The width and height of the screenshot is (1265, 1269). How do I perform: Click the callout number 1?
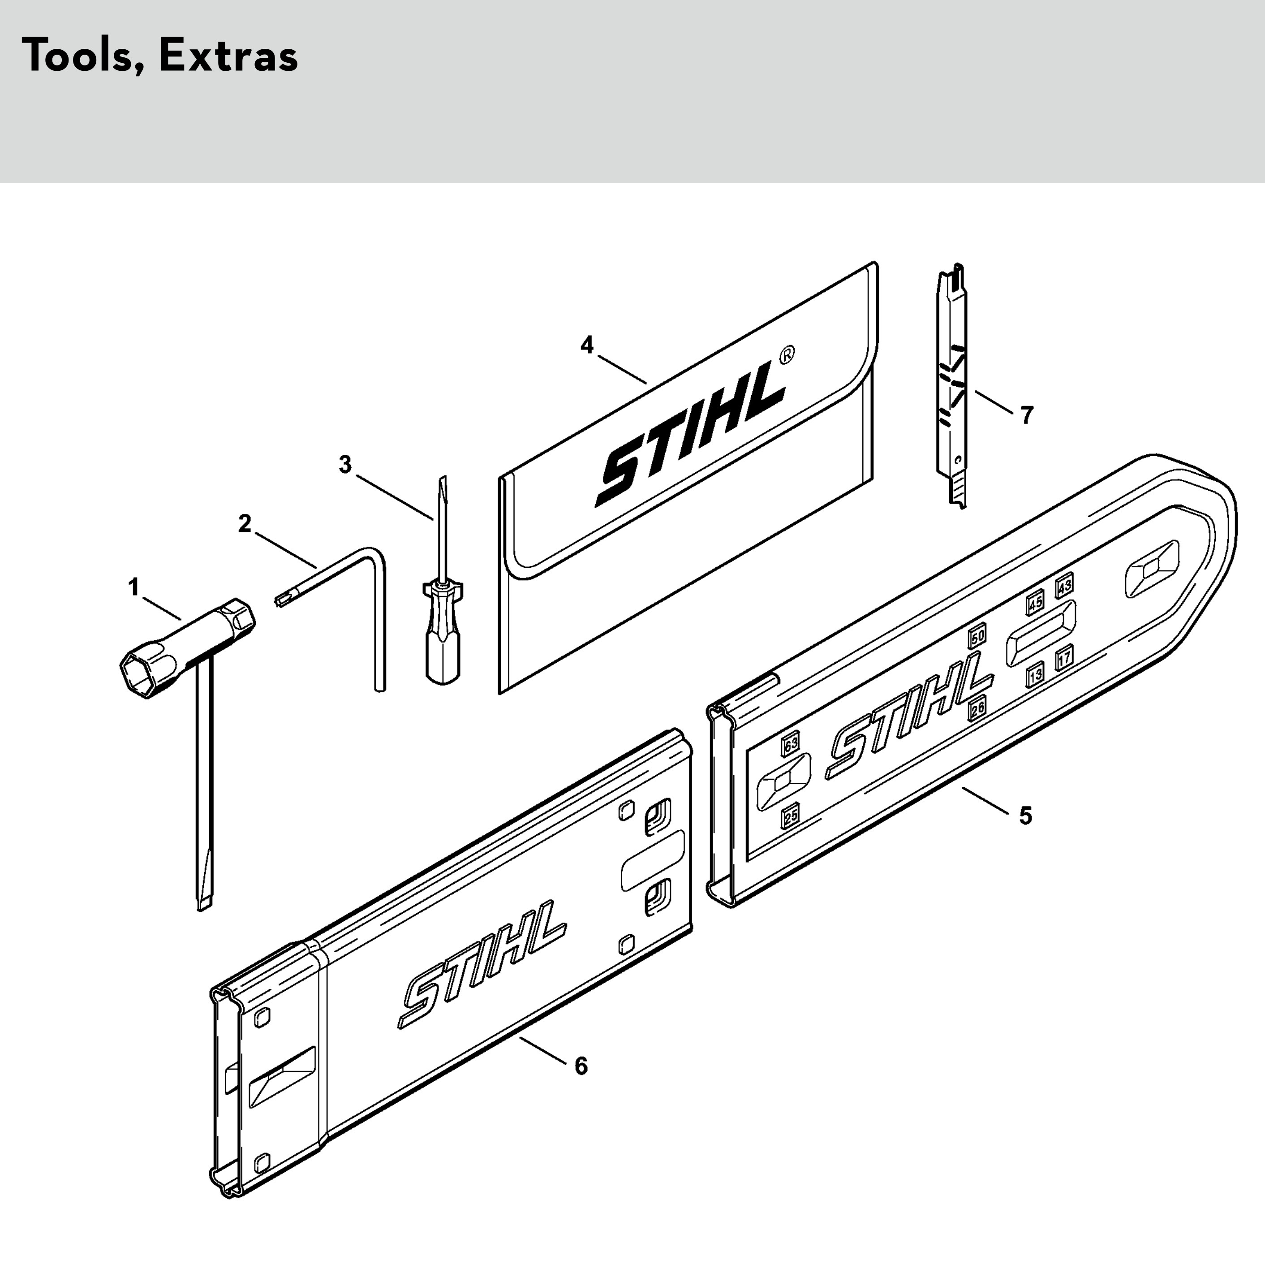pyautogui.click(x=134, y=587)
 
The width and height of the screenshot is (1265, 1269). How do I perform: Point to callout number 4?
pyautogui.click(x=587, y=345)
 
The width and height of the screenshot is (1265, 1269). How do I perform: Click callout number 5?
pyautogui.click(x=1025, y=816)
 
